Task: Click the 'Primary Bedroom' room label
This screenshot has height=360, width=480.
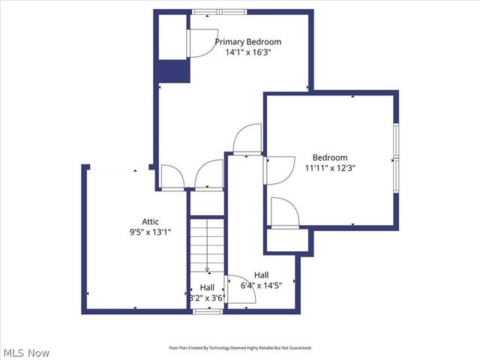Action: pyautogui.click(x=247, y=42)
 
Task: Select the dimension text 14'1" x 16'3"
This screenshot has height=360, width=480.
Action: pyautogui.click(x=247, y=53)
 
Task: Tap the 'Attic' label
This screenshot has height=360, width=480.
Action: pyautogui.click(x=151, y=221)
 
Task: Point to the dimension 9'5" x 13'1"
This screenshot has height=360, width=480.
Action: pyautogui.click(x=151, y=232)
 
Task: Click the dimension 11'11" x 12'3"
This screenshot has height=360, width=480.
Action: pyautogui.click(x=330, y=169)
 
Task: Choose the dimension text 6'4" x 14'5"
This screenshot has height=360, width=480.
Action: pyautogui.click(x=261, y=286)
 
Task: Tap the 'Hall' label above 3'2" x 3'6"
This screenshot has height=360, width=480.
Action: pyautogui.click(x=207, y=287)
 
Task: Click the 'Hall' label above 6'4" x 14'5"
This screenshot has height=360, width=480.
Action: pyautogui.click(x=262, y=274)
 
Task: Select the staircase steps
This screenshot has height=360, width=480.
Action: pyautogui.click(x=206, y=244)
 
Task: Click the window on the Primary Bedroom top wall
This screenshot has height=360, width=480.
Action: pyautogui.click(x=217, y=12)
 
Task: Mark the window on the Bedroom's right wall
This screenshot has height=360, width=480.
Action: pyautogui.click(x=396, y=158)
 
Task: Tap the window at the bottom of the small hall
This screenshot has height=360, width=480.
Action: pyautogui.click(x=206, y=310)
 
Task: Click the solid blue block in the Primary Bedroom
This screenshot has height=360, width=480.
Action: pyautogui.click(x=172, y=71)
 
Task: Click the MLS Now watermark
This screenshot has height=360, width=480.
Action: pyautogui.click(x=26, y=352)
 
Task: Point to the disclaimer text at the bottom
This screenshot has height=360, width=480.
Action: pyautogui.click(x=239, y=348)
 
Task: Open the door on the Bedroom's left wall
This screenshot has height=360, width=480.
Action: pyautogui.click(x=279, y=169)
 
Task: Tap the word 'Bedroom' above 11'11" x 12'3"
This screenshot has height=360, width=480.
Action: pyautogui.click(x=330, y=157)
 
